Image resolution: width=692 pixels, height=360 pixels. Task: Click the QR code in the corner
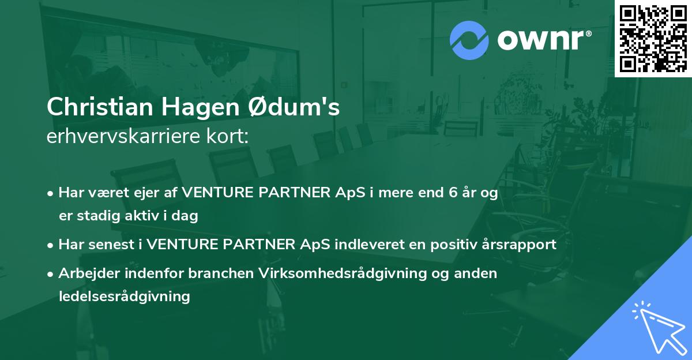653,38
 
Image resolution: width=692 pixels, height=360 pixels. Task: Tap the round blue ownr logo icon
469,40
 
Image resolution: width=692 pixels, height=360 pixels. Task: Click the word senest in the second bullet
113,245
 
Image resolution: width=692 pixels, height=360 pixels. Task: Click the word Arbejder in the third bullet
84,273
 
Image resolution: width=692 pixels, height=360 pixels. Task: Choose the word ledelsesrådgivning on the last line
124,297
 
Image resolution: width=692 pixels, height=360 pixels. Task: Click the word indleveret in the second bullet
356,245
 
